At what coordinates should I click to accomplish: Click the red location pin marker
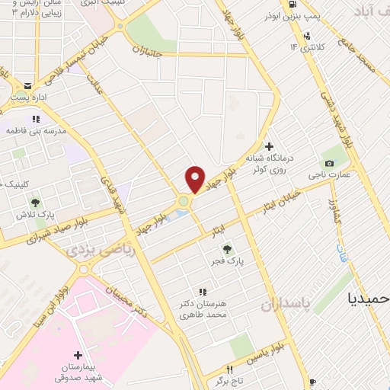coord(195,179)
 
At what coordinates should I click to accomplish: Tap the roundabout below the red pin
coord(184,202)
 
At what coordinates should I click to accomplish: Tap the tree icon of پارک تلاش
coord(35,203)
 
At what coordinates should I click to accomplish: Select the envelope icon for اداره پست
coord(28,85)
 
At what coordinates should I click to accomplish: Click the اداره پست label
coord(27,98)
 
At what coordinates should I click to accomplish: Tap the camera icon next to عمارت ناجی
coord(329,163)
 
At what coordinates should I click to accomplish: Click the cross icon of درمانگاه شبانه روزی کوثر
coord(268,146)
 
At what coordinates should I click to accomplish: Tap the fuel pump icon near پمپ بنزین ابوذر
coord(306,35)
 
